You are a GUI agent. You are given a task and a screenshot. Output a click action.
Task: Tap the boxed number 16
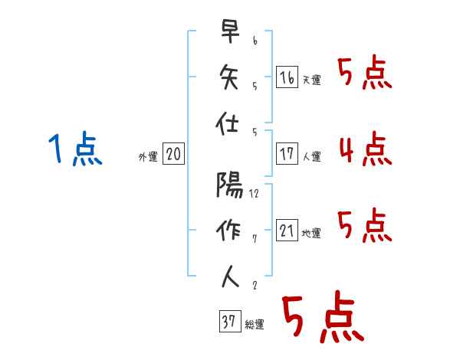(x=287, y=77)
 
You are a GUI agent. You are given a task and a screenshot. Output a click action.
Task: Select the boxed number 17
(x=287, y=153)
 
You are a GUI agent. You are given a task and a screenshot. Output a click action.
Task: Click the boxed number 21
(x=287, y=230)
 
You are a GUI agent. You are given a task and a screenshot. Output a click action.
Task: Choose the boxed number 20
(x=173, y=154)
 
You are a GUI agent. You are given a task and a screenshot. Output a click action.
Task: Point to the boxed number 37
(x=228, y=322)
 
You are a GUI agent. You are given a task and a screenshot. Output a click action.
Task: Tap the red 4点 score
(x=364, y=149)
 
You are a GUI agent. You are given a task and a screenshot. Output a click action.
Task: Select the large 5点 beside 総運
(x=321, y=318)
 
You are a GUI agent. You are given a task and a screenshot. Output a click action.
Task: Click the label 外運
(x=147, y=157)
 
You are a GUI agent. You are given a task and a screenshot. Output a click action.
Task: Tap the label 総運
(x=254, y=325)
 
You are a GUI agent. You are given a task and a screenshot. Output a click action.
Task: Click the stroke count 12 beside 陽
(x=255, y=194)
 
